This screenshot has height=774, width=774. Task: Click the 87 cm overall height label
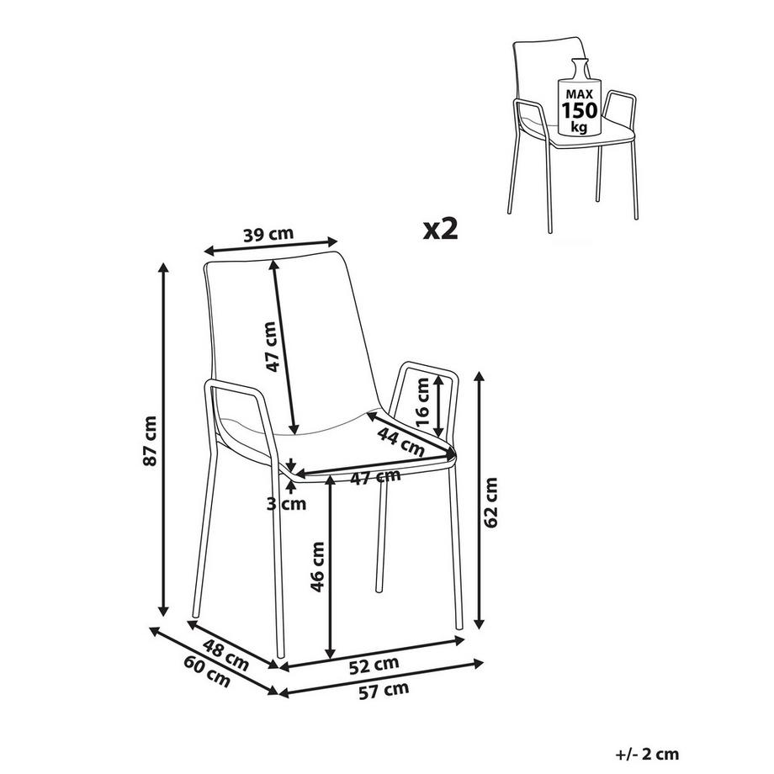tap(150, 440)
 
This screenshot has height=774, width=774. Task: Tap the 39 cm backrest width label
tap(268, 234)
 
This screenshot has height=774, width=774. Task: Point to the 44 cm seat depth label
tap(400, 442)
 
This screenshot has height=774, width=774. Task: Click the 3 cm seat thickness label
tap(286, 504)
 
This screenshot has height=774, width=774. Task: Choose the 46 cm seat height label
tap(317, 567)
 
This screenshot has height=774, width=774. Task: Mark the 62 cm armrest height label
tap(490, 502)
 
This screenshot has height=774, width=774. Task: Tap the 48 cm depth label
tap(226, 655)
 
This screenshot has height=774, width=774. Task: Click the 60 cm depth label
tap(207, 671)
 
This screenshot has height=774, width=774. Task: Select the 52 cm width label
tap(374, 665)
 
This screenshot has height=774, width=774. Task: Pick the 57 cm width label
tap(384, 691)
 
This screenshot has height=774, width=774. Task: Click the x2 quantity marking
tap(441, 229)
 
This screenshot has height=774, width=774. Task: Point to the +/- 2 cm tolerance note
tap(648, 754)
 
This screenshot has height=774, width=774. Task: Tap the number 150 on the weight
tap(580, 110)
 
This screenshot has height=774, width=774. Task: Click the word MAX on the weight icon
tap(580, 93)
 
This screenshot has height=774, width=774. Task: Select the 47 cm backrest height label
tap(272, 347)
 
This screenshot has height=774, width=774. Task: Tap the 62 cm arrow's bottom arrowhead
tap(478, 624)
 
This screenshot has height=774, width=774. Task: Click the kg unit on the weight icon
tap(579, 127)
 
